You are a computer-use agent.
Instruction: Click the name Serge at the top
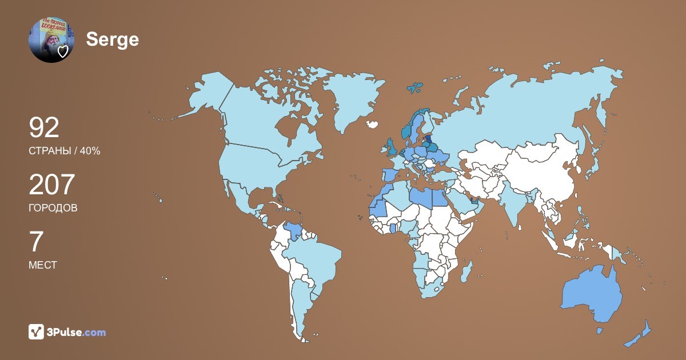(112, 39)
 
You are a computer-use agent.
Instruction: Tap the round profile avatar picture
(50, 39)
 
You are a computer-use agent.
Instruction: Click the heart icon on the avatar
(63, 52)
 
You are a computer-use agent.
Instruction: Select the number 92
(44, 128)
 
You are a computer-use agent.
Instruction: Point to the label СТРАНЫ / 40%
(65, 151)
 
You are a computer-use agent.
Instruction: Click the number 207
(52, 185)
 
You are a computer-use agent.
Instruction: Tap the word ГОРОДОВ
(53, 208)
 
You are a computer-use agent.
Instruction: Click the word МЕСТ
(43, 265)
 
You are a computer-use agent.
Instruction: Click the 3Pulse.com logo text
(77, 332)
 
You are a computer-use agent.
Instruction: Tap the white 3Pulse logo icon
(37, 331)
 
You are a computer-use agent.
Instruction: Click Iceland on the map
(373, 123)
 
